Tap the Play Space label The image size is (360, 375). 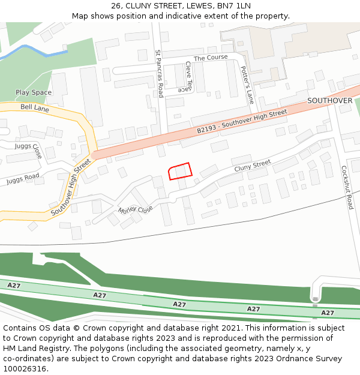(34, 92)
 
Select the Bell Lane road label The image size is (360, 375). (35, 108)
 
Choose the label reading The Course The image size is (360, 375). (211, 58)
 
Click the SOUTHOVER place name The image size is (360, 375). (330, 100)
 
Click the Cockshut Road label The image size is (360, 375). (346, 187)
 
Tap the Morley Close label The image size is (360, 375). (136, 209)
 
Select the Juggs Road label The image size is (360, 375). (23, 178)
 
